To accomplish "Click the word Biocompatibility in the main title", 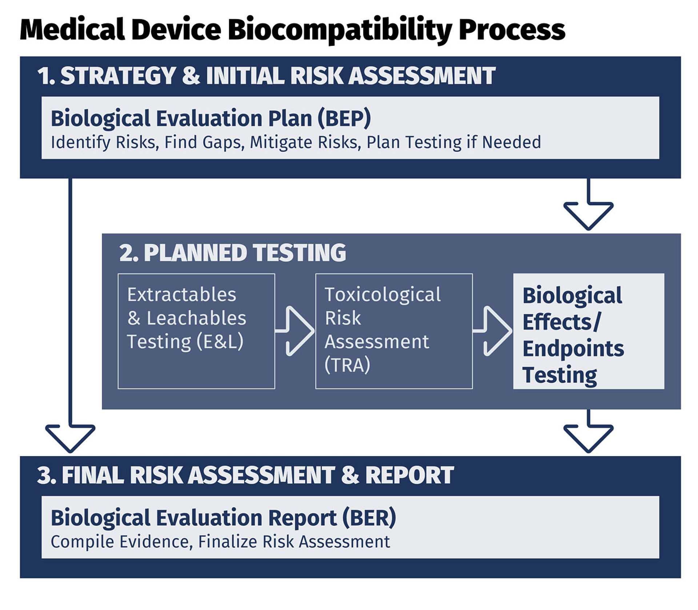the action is (x=340, y=30).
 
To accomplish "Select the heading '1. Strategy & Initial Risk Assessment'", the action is (x=266, y=76).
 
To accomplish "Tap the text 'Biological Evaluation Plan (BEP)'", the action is (x=211, y=119).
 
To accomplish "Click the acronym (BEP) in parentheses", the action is (x=344, y=119).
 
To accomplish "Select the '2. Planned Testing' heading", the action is (x=233, y=253).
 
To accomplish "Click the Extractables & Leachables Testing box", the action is (x=196, y=331).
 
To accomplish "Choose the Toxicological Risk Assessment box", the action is (x=394, y=331).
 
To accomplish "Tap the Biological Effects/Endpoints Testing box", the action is (x=589, y=331).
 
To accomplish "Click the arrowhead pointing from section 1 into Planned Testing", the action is (x=589, y=216).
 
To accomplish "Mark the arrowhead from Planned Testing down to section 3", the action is (x=589, y=438).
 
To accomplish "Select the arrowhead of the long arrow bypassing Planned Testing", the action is (x=70, y=438).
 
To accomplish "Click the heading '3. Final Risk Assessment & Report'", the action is (x=245, y=475).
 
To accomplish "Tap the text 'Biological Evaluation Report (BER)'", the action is (x=223, y=518).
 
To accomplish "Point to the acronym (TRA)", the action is (x=347, y=365).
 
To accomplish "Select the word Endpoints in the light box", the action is (x=573, y=348).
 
